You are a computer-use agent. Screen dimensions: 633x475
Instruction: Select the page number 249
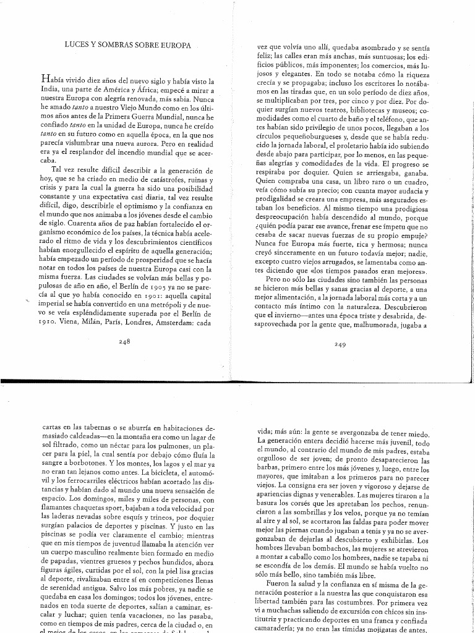[x=338, y=344]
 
